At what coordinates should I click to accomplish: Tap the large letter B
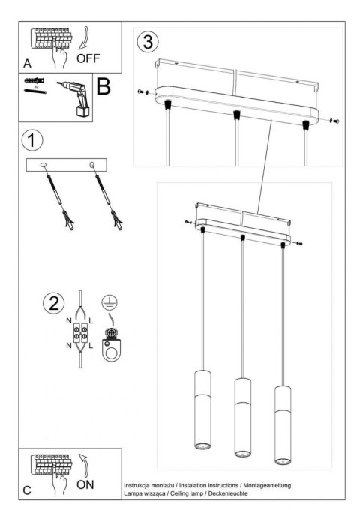coord(103,88)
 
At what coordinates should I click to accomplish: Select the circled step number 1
coord(31,141)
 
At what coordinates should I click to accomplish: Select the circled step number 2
coord(52,304)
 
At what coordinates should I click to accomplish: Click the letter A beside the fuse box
coord(26,63)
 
